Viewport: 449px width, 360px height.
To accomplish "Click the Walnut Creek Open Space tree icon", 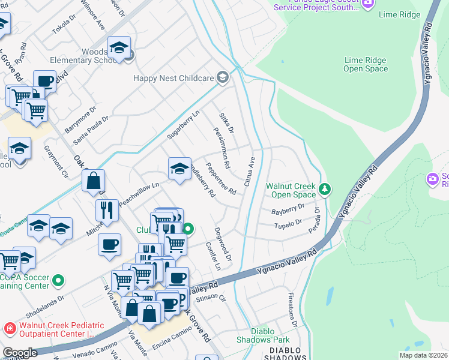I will [x=325, y=190].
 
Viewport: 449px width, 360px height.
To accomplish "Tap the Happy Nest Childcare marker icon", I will [x=223, y=77].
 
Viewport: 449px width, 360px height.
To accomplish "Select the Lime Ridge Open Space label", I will [x=366, y=64].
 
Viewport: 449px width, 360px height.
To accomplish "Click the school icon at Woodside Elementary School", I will [x=119, y=47].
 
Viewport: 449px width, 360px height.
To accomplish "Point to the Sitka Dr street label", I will [x=226, y=123].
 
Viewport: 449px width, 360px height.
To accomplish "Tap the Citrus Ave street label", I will [x=253, y=170].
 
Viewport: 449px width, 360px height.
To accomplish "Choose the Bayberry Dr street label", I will [x=288, y=209].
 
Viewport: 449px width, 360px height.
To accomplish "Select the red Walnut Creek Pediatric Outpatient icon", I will [x=10, y=328].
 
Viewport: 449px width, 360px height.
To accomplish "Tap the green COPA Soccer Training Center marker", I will [x=58, y=280].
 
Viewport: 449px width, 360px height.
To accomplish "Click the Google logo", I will [x=20, y=353].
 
